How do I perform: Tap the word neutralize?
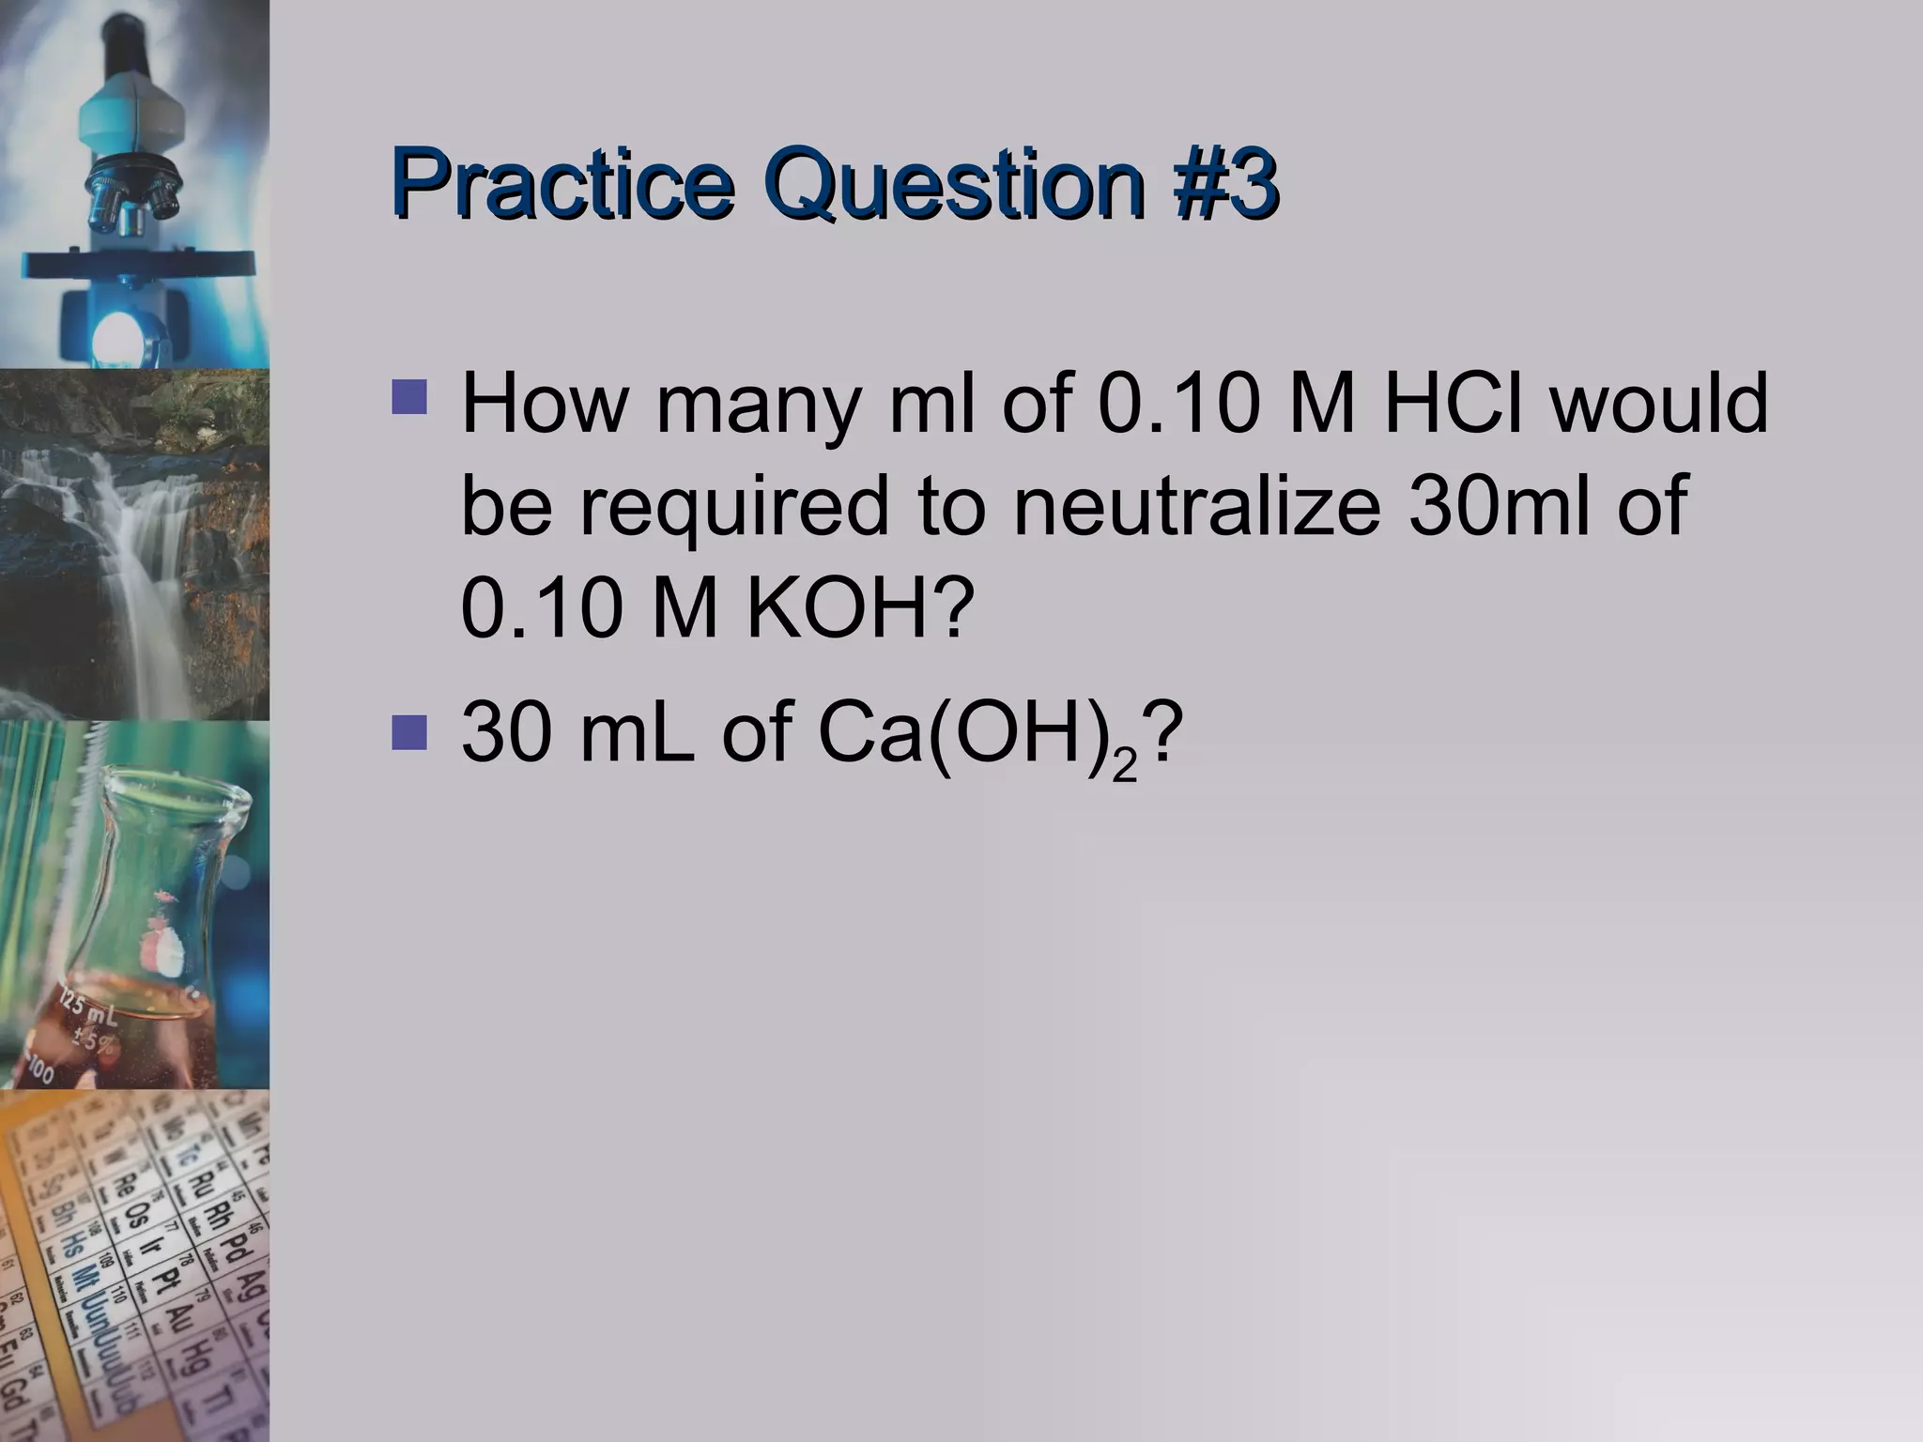tap(1196, 507)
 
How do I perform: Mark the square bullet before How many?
tap(410, 397)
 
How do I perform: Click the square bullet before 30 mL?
tap(410, 733)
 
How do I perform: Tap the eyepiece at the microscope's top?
tap(126, 38)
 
